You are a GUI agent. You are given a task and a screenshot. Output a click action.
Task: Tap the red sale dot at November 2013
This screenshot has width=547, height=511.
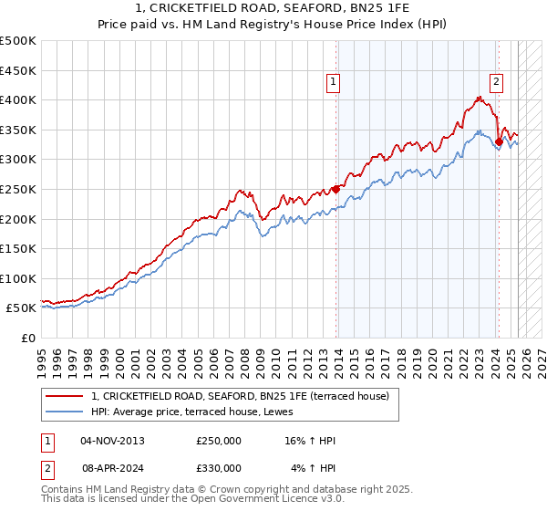[x=336, y=189]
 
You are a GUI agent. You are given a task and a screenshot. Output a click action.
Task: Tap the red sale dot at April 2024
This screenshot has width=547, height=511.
[x=500, y=141]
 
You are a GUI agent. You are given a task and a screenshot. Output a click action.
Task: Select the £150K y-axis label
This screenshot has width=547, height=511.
[x=18, y=248]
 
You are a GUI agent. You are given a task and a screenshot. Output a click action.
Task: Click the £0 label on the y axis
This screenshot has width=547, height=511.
[x=28, y=338]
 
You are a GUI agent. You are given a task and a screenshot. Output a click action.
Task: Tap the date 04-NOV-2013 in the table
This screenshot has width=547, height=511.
[x=112, y=441]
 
